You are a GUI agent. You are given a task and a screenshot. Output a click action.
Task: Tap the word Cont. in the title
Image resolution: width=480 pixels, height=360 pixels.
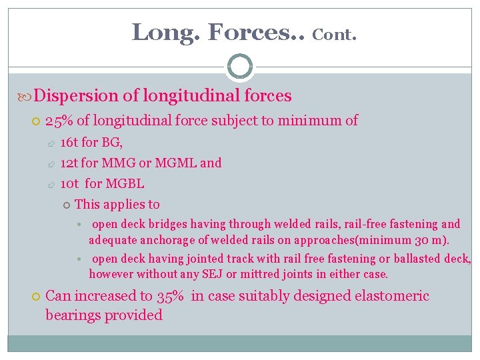335,34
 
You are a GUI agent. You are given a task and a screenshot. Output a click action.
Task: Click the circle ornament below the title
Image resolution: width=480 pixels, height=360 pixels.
240,66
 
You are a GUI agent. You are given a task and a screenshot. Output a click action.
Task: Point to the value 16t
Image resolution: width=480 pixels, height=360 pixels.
69,142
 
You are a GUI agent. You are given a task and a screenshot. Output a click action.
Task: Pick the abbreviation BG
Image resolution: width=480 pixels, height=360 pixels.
111,142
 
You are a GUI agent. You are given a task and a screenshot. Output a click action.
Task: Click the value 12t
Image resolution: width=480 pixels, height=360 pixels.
69,163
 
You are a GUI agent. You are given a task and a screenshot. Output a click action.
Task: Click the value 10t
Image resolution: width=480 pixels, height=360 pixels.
69,183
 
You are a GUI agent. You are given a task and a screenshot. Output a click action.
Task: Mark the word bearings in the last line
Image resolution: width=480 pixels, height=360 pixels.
72,315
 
